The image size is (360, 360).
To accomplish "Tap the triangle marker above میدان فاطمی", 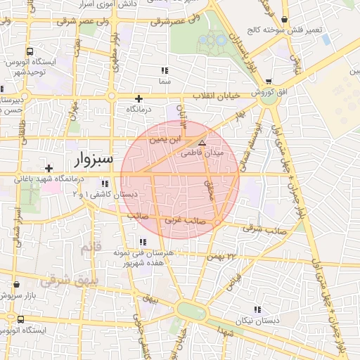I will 202,141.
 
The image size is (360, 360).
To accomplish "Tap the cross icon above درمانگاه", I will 139,98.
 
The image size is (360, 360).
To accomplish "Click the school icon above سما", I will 165,71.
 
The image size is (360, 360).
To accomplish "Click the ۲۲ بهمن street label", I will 230,257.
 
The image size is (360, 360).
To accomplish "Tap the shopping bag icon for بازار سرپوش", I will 16,285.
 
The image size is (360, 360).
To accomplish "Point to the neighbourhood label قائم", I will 91,248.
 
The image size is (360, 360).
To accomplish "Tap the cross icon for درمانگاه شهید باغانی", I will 48,168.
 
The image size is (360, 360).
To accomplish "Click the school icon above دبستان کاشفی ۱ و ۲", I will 105,184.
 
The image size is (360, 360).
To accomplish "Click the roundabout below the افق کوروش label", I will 268,100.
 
